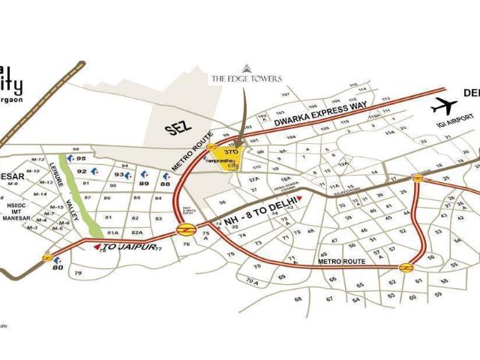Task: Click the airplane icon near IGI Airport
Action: click(x=444, y=106)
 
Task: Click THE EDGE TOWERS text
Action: click(x=247, y=78)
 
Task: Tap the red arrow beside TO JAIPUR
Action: click(x=97, y=246)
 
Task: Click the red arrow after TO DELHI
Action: click(x=300, y=199)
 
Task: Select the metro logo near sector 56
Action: click(x=406, y=268)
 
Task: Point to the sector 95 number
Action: click(x=82, y=159)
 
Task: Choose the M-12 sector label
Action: click(x=39, y=160)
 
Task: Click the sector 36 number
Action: click(x=222, y=202)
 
